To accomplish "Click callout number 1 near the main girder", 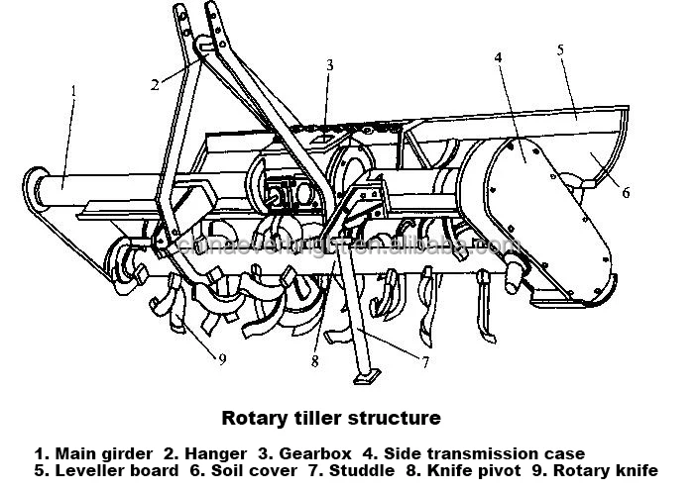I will click(x=73, y=91).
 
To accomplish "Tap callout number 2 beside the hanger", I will click(x=155, y=84).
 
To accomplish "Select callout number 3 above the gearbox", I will click(x=330, y=65).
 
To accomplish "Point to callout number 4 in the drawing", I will click(x=499, y=56).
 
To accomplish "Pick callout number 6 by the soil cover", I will click(x=626, y=193).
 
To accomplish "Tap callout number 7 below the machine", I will click(x=425, y=361).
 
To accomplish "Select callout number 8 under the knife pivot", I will click(x=314, y=361).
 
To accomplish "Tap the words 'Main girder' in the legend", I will click(x=110, y=454).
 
